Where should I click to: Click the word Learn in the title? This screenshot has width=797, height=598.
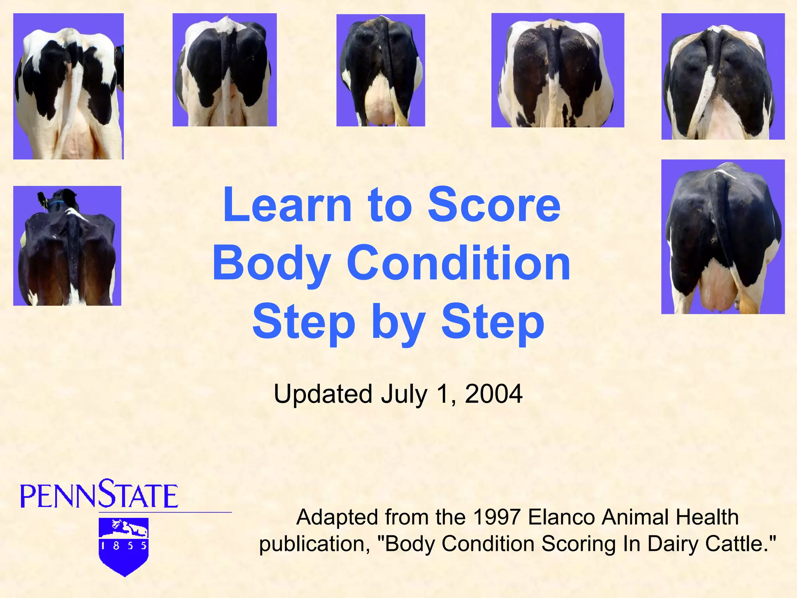pos(287,205)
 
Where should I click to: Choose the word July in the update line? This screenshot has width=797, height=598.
pos(404,394)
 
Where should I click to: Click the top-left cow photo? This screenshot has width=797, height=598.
pos(68,86)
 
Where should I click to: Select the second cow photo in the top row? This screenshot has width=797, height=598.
pos(225,70)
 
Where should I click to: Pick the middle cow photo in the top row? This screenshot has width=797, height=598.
pos(381,70)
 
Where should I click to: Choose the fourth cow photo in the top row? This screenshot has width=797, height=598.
pos(558,70)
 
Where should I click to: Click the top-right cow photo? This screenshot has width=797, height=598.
pos(723,76)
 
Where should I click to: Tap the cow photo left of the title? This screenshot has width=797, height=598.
pos(67,246)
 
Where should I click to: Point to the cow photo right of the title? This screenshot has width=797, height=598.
pos(723,237)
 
